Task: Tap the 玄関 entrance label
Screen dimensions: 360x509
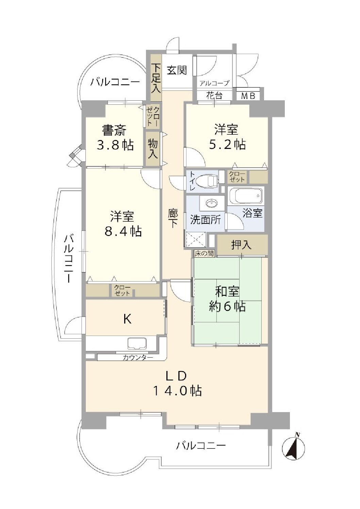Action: [x=177, y=70]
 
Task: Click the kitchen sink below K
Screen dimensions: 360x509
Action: [x=137, y=343]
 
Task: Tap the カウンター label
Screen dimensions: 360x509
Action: [x=137, y=358]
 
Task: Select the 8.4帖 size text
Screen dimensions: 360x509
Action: [x=122, y=231]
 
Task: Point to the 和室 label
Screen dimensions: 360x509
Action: [x=227, y=292]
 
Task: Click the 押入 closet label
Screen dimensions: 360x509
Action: [x=241, y=245]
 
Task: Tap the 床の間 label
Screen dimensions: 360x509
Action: [x=204, y=253]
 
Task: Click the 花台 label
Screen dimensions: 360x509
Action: [x=214, y=96]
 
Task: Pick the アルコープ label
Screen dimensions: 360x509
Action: [x=214, y=83]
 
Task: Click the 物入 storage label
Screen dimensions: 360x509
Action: [x=153, y=149]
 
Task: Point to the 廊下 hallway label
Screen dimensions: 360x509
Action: [x=173, y=218]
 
